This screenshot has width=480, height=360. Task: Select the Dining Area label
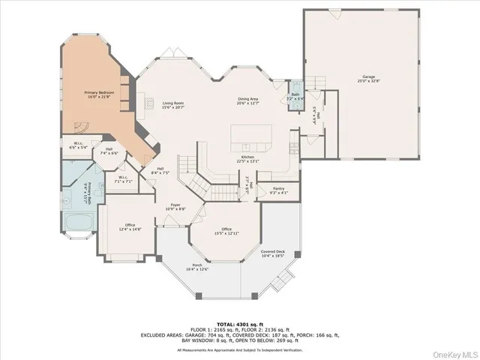coord(248,98)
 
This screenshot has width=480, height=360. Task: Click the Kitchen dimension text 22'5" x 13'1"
coord(247,160)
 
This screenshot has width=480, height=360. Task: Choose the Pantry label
coord(278,189)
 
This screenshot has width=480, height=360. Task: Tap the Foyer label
coord(174,205)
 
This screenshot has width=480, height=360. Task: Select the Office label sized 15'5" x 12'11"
coord(226,229)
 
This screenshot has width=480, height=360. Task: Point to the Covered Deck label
coord(272,252)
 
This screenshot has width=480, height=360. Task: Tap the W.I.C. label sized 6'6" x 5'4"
coord(78,144)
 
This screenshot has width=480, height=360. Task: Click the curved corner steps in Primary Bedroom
coord(86,124)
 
